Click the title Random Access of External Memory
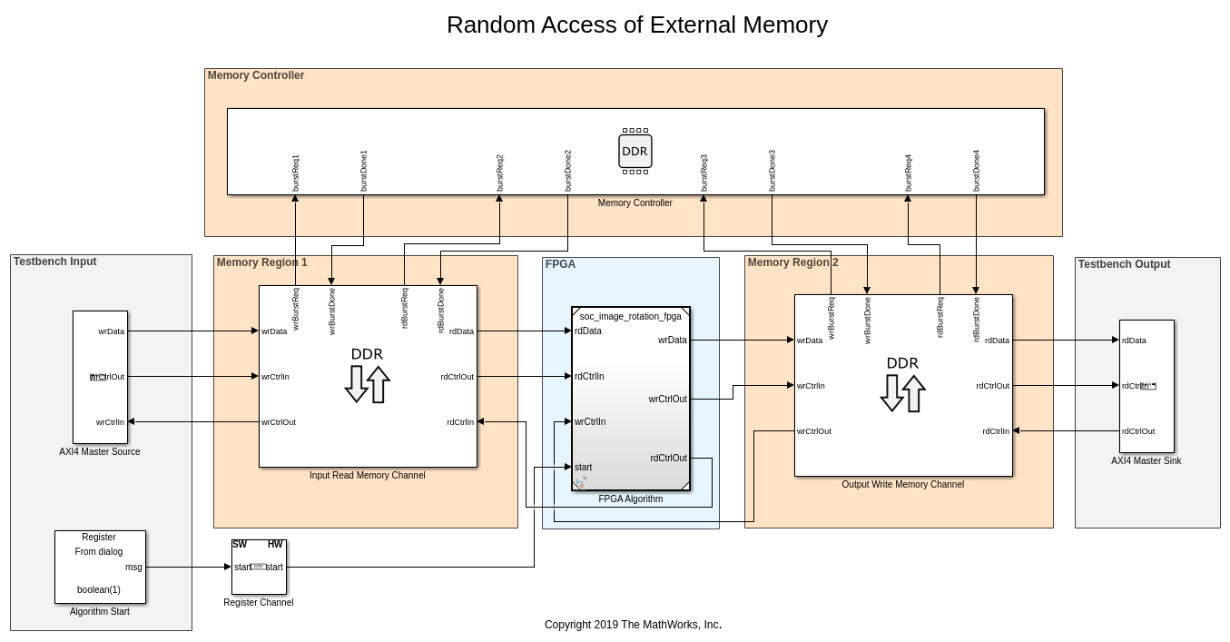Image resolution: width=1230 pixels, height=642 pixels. (x=636, y=25)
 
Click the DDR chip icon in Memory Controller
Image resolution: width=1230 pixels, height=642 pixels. (x=635, y=152)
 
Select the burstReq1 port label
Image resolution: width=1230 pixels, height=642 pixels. (x=296, y=173)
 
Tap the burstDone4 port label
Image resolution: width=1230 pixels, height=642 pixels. (x=977, y=171)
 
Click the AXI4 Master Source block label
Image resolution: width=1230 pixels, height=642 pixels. (x=100, y=451)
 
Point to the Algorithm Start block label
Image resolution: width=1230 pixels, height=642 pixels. (x=100, y=612)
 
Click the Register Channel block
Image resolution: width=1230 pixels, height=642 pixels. (x=259, y=567)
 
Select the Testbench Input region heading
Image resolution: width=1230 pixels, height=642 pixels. (x=54, y=262)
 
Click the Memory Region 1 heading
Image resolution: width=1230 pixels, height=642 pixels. (x=261, y=262)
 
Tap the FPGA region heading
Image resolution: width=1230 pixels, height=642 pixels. (x=560, y=264)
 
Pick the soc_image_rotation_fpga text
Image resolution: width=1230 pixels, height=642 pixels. (x=631, y=317)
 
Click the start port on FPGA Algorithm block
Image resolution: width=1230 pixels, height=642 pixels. (x=583, y=468)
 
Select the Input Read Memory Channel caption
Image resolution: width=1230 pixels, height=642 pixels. (x=367, y=475)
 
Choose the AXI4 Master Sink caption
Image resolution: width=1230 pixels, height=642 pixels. (x=1146, y=461)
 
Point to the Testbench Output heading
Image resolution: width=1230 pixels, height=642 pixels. (x=1124, y=264)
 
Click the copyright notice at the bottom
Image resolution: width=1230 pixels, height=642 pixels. (x=633, y=625)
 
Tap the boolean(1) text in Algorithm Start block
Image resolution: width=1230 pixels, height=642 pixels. (x=99, y=590)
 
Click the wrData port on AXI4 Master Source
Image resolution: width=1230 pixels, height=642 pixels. (x=112, y=331)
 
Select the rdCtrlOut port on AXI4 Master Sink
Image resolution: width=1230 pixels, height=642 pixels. (x=1138, y=431)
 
